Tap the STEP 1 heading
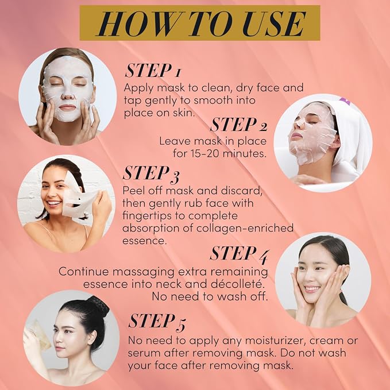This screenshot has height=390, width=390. (152, 71)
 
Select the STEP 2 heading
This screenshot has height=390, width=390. (239, 125)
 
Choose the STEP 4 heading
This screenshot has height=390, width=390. (239, 254)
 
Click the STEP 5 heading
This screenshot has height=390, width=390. (157, 322)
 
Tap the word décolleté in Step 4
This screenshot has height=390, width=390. (241, 284)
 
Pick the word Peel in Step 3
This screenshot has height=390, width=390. (133, 191)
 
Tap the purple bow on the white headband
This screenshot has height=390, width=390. (344, 101)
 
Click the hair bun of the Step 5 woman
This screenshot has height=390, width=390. (100, 306)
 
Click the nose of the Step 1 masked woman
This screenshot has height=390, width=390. (67, 95)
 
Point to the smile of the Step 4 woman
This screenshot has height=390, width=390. (312, 289)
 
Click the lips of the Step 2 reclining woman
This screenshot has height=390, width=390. (295, 136)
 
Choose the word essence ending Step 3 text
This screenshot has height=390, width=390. (144, 241)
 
